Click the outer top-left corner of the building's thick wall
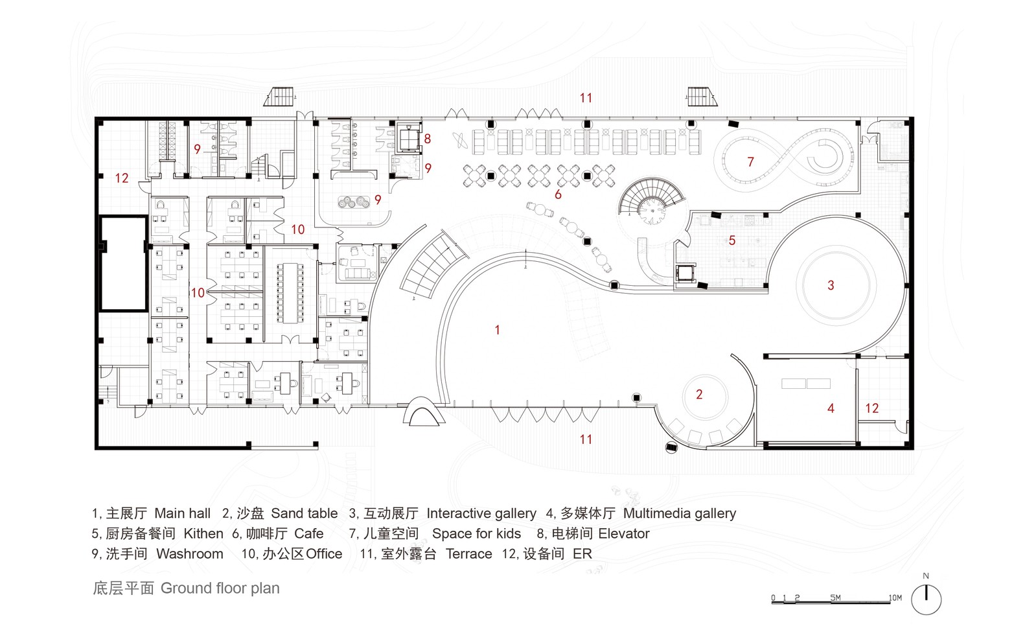click(95, 117)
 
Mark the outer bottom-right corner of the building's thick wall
click(914, 449)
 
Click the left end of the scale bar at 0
click(772, 603)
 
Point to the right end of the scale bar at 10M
click(890, 603)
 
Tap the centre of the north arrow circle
click(926, 600)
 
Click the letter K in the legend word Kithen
click(188, 534)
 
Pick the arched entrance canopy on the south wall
click(424, 412)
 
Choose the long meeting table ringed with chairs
click(289, 293)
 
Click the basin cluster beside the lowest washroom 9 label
click(354, 202)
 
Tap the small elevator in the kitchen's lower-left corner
click(685, 274)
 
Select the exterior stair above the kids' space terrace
click(702, 97)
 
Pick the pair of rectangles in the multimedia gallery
click(806, 384)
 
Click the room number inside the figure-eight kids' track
click(750, 162)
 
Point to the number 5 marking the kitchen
click(732, 240)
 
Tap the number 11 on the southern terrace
click(586, 439)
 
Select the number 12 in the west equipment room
click(122, 178)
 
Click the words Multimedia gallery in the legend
click(680, 514)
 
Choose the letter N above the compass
click(926, 576)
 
